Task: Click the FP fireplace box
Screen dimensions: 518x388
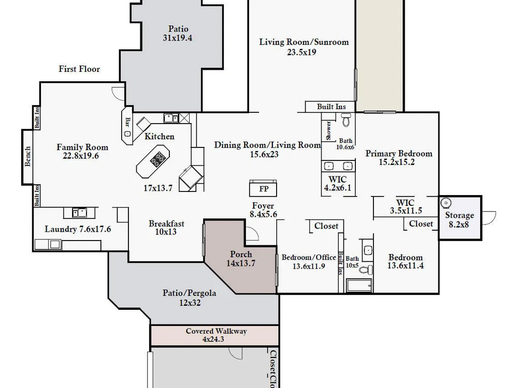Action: click(263, 188)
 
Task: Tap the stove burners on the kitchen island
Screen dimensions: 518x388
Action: click(157, 159)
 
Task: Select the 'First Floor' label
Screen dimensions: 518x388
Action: click(79, 69)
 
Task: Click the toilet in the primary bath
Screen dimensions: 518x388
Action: click(346, 120)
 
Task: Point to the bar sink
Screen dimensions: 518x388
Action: click(127, 133)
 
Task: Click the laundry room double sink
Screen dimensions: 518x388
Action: click(80, 213)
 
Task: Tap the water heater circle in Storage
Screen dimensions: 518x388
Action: click(445, 203)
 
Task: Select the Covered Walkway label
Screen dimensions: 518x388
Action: click(216, 331)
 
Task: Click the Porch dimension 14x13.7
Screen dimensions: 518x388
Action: click(241, 263)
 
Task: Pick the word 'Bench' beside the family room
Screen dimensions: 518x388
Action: click(28, 156)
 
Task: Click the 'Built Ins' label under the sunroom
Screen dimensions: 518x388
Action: click(332, 107)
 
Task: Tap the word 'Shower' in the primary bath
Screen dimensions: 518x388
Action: click(328, 130)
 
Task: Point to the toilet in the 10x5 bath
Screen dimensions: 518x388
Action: click(366, 270)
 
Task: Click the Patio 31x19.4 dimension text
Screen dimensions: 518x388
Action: click(177, 38)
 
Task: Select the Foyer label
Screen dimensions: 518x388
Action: click(263, 206)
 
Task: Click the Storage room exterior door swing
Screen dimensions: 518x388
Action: click(490, 218)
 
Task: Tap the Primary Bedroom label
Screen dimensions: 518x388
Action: click(399, 154)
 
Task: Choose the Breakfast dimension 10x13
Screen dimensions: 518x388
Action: click(166, 232)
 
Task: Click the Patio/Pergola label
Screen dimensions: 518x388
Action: click(189, 293)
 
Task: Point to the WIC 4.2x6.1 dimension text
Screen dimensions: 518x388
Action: click(338, 188)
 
